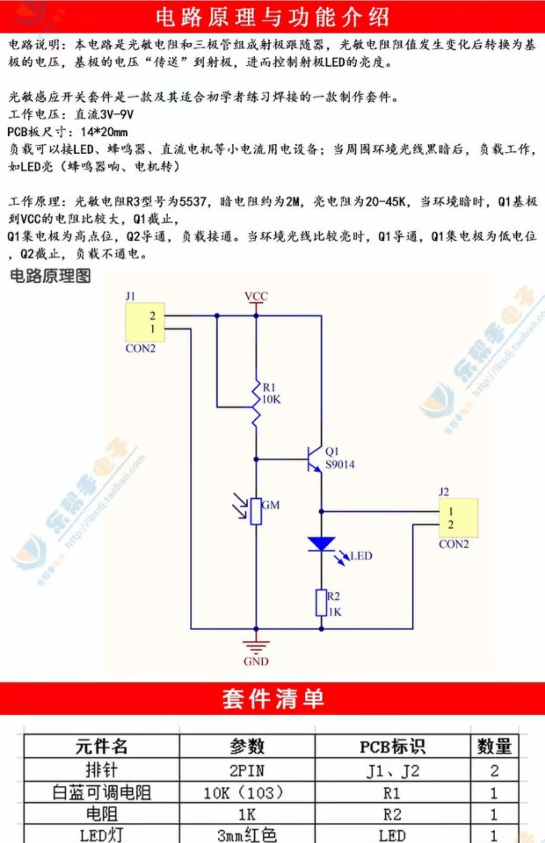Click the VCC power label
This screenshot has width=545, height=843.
[x=256, y=296]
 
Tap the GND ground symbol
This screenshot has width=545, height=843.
[x=256, y=647]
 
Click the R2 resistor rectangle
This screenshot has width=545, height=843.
[x=321, y=603]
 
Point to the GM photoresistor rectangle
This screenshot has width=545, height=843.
[x=256, y=512]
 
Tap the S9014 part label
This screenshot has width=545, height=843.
[x=340, y=464]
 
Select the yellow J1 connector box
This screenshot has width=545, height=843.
[x=145, y=322]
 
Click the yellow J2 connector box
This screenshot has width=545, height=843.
[x=458, y=518]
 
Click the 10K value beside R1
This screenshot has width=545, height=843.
[x=271, y=400]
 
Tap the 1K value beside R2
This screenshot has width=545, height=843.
[x=335, y=612]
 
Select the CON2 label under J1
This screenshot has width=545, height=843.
[x=140, y=349]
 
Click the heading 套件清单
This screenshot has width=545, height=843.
[x=272, y=698]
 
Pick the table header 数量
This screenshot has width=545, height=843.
[x=494, y=746]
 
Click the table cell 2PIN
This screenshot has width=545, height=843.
[x=247, y=770]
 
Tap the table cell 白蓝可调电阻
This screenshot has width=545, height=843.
[x=101, y=793]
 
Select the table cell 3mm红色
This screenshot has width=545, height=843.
[x=247, y=835]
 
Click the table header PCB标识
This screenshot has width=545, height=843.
[x=392, y=746]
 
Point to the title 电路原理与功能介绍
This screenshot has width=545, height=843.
[x=272, y=17]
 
